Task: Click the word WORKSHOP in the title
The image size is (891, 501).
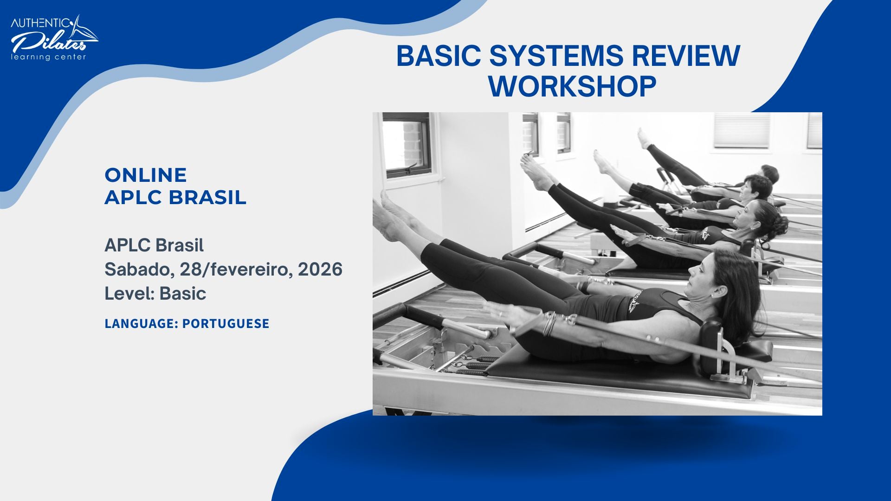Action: pyautogui.click(x=572, y=86)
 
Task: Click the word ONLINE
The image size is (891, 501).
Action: pyautogui.click(x=145, y=175)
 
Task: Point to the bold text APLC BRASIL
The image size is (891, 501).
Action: pyautogui.click(x=175, y=198)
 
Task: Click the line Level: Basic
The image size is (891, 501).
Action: pyautogui.click(x=155, y=294)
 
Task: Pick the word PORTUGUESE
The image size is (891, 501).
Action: pyautogui.click(x=226, y=324)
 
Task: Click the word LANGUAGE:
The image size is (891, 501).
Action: pyautogui.click(x=141, y=324)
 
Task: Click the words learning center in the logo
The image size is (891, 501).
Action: pyautogui.click(x=48, y=57)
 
